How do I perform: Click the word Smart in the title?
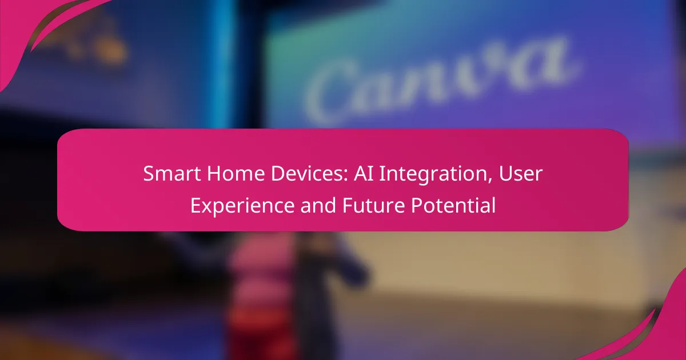[x=172, y=174]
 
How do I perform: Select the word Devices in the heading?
[x=307, y=174]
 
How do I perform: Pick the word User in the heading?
[x=521, y=174]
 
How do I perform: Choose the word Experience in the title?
[x=242, y=206]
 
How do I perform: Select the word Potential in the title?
[x=453, y=205]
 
